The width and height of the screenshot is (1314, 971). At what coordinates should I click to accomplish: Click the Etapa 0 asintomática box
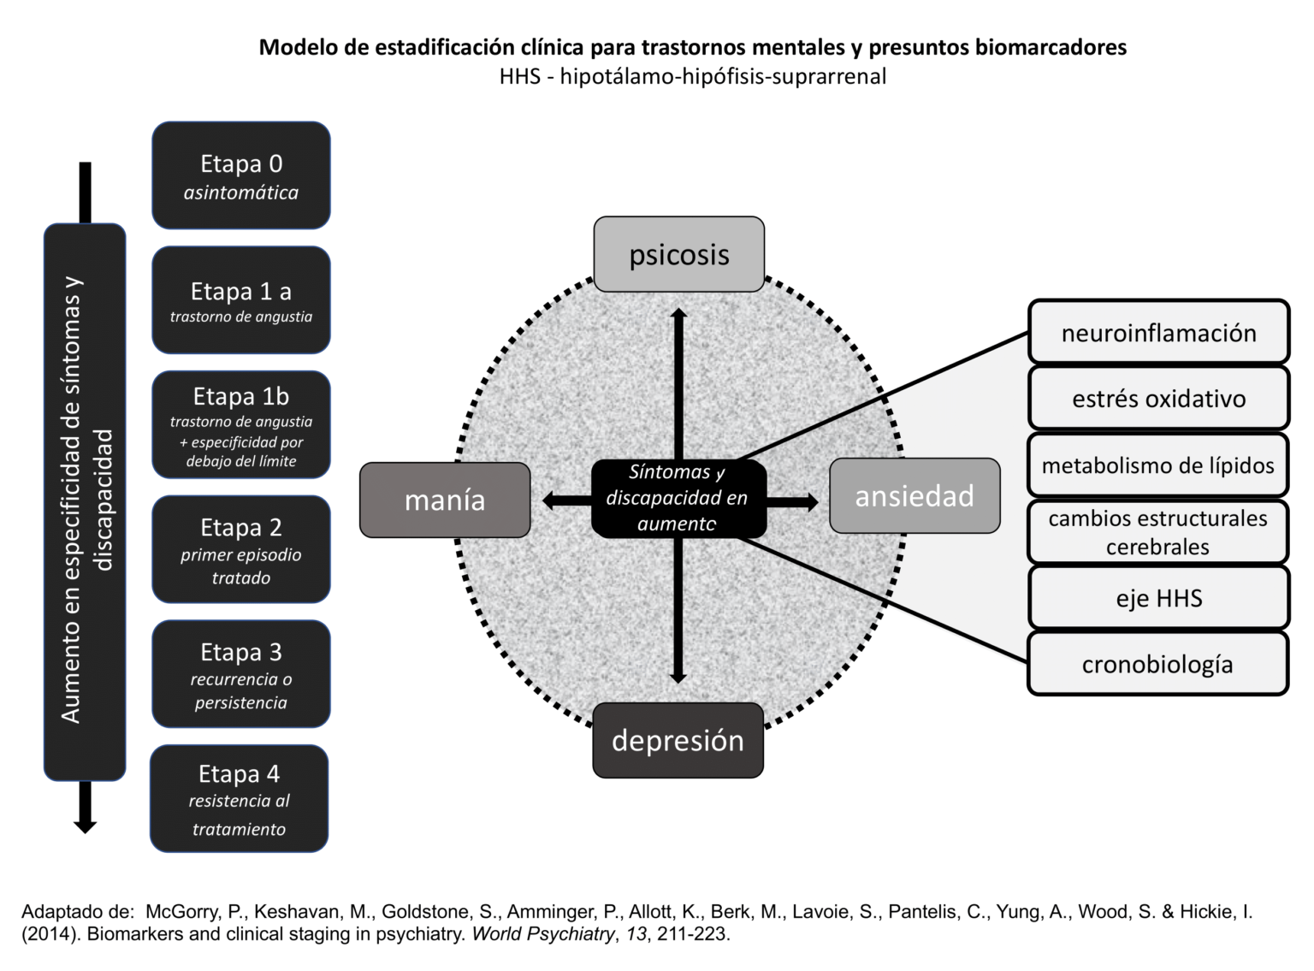tap(241, 175)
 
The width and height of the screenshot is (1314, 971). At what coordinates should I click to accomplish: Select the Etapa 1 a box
tap(241, 300)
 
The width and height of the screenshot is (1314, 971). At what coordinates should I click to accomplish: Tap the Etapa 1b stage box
tap(241, 424)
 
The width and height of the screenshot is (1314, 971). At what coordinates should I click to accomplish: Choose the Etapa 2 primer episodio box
tap(241, 549)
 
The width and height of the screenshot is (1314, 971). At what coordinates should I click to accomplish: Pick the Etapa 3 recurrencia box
tap(241, 674)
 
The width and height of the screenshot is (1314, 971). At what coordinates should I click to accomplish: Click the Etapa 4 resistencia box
tap(240, 798)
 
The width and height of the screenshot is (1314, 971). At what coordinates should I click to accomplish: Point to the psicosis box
tap(679, 254)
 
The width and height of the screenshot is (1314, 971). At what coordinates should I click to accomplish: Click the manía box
tap(445, 500)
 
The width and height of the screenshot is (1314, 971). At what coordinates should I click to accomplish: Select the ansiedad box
tap(914, 496)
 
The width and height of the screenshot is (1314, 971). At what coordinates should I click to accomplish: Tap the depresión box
tap(678, 740)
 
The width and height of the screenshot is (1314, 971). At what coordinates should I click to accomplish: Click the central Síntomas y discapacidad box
tap(678, 498)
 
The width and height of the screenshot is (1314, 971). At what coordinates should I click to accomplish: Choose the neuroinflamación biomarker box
tap(1158, 332)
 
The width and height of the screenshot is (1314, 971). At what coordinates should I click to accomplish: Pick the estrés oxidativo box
tap(1158, 398)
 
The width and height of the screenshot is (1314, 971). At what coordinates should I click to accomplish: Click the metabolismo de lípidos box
tap(1158, 465)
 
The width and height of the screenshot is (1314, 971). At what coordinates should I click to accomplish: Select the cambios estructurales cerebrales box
tap(1158, 532)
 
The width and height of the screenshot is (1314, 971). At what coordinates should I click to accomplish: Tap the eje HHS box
tap(1158, 597)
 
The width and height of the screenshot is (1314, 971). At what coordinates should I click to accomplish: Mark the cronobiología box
tap(1158, 664)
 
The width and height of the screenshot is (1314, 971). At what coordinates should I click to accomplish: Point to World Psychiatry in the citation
tap(542, 934)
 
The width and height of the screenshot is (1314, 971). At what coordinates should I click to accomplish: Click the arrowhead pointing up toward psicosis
tap(678, 316)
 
